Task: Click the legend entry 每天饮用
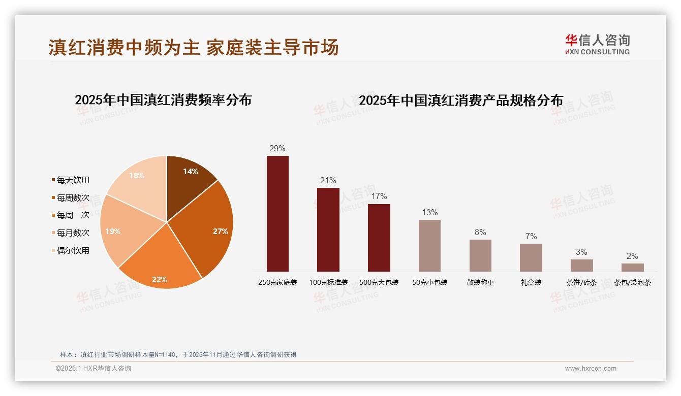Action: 71,180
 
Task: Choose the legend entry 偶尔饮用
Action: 71,250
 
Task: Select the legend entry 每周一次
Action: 71,215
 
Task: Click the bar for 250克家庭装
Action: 277,213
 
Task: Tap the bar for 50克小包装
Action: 429,246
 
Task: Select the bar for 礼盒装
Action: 531,257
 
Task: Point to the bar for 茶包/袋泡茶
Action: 632,267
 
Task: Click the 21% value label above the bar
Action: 328,181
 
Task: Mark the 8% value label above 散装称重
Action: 480,233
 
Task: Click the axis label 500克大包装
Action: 379,282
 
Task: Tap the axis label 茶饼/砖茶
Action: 581,282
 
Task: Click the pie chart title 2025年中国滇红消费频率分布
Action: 163,100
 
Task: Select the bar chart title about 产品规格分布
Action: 461,100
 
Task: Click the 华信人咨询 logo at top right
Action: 597,45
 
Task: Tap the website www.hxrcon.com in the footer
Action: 591,369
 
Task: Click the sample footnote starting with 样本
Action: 178,354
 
